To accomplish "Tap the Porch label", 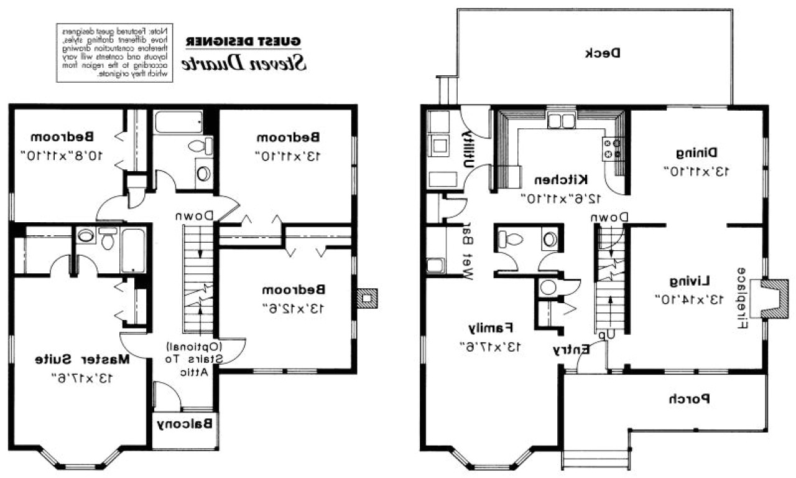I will coord(689,399).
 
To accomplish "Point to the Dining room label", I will coord(696,152).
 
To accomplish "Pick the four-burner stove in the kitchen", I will coord(612,148).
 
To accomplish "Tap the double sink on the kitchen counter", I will coord(561,120).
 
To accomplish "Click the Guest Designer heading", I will coord(244,42).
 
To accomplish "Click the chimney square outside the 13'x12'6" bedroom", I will coord(368,298).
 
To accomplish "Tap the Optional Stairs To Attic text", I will coord(196,359).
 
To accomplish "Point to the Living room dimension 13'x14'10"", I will coord(689,299).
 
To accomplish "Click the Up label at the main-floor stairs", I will coord(607,334).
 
